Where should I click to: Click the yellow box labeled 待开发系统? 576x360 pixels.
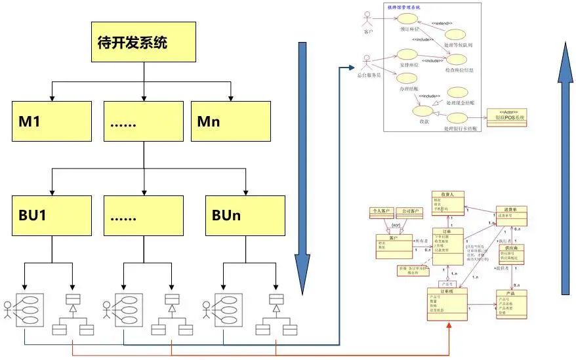click(x=142, y=43)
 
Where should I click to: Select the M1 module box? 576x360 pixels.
click(x=52, y=121)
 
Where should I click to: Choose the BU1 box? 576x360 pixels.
click(x=52, y=214)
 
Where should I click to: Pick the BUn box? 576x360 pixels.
click(x=245, y=214)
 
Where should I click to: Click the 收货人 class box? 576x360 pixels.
click(x=447, y=202)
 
